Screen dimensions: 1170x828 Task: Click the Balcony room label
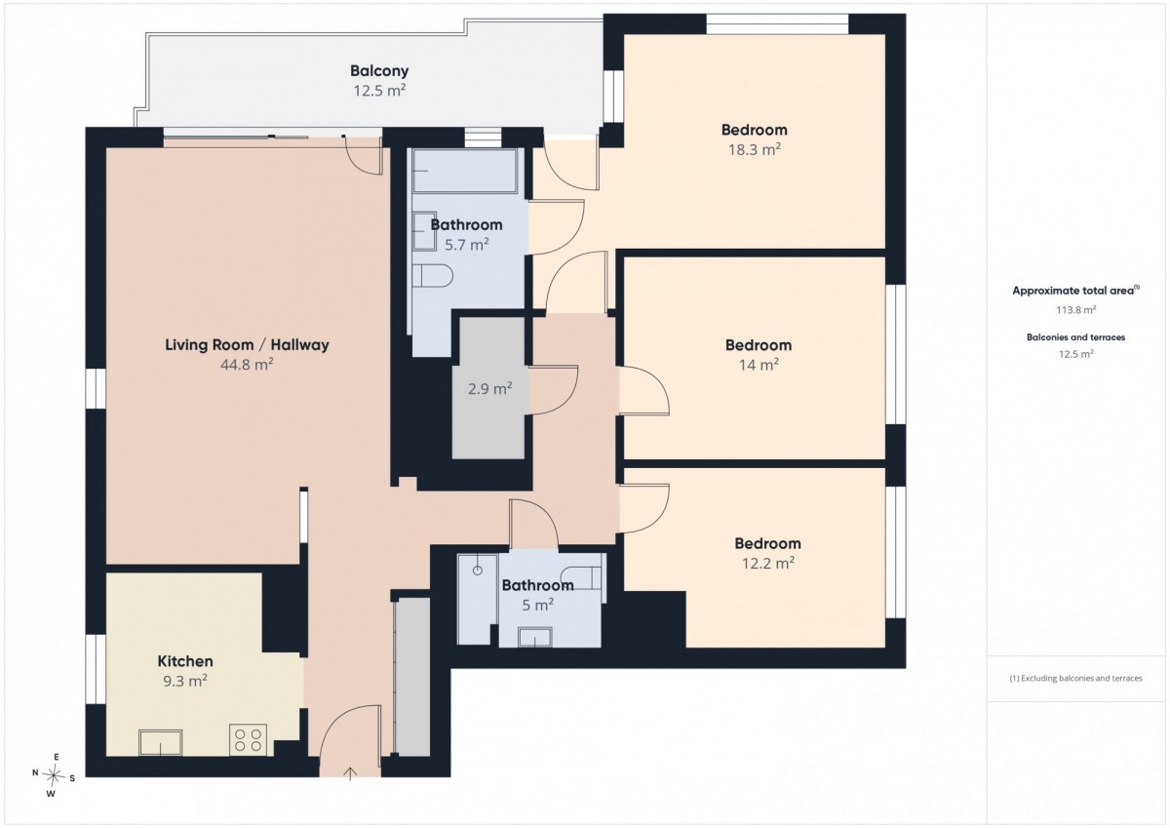pyautogui.click(x=379, y=70)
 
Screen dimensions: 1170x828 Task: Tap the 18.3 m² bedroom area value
pyautogui.click(x=755, y=150)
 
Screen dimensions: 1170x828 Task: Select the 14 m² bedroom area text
pyautogui.click(x=759, y=365)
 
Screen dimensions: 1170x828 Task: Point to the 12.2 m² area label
pyautogui.click(x=768, y=563)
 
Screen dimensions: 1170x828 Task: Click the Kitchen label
pyautogui.click(x=185, y=661)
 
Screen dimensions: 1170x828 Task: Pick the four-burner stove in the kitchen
pyautogui.click(x=248, y=739)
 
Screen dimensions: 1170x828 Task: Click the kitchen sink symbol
pyautogui.click(x=160, y=742)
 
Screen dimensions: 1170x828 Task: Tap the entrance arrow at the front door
pyautogui.click(x=350, y=773)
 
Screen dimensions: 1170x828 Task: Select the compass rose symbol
pyautogui.click(x=54, y=775)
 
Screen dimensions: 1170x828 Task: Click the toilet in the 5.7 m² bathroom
pyautogui.click(x=432, y=275)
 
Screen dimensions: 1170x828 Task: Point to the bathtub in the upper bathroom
pyautogui.click(x=465, y=171)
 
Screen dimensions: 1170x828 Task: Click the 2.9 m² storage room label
pyautogui.click(x=489, y=389)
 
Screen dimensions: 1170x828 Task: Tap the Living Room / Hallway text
pyautogui.click(x=247, y=345)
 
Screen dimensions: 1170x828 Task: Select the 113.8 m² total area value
pyautogui.click(x=1076, y=310)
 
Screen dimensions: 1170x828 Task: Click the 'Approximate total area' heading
pyautogui.click(x=1073, y=291)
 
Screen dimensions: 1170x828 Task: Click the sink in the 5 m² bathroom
pyautogui.click(x=535, y=637)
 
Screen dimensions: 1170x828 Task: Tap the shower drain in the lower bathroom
pyautogui.click(x=478, y=571)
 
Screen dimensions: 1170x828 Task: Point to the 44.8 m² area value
pyautogui.click(x=247, y=364)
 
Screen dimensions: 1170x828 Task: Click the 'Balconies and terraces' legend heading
pyautogui.click(x=1076, y=337)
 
